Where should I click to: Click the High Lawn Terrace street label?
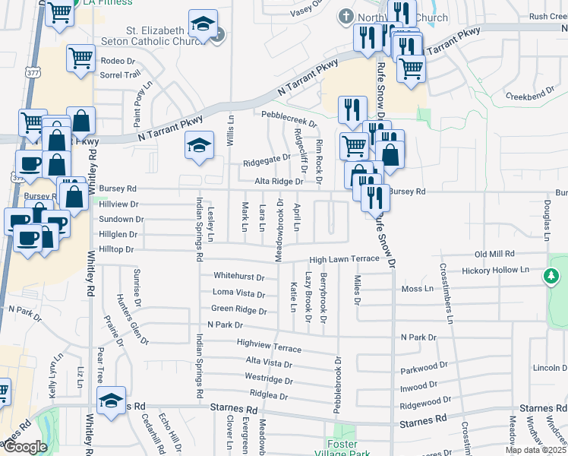343,259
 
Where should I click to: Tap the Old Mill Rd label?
494,254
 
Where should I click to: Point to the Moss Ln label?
417,290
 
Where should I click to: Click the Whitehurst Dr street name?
238,277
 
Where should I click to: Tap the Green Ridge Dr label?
239,310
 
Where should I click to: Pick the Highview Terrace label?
270,347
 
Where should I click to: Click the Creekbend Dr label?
532,97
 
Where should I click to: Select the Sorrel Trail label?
121,74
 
